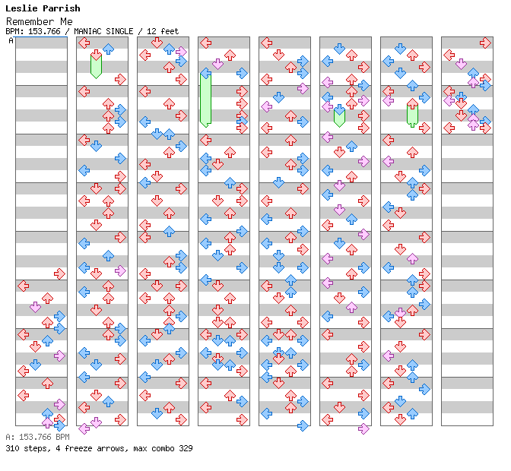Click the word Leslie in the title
[x=23, y=8]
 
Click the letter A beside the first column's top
[x=11, y=40]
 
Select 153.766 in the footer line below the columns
[x=34, y=437]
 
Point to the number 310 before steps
[x=13, y=448]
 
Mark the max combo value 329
[x=185, y=448]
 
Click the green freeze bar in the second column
[x=96, y=66]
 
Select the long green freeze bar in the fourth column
[x=205, y=99]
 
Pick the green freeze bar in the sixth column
[x=339, y=115]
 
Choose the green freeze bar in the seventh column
[x=412, y=114]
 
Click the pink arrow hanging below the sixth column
[x=363, y=428]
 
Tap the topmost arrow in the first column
[x=59, y=273]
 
